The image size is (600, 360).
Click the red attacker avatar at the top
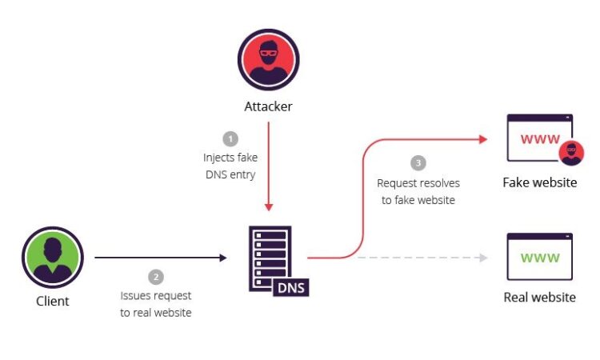[x=269, y=60]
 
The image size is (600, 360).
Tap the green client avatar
[x=53, y=257]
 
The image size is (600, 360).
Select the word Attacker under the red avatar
[x=268, y=106]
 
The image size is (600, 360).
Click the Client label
[x=53, y=301]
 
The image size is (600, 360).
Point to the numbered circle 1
[x=230, y=139]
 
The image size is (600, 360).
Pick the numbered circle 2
[x=156, y=277]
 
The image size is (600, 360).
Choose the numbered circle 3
[x=418, y=163]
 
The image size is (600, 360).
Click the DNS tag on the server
[x=291, y=288]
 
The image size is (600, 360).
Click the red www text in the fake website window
[x=540, y=138]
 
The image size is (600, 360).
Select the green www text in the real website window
[x=540, y=258]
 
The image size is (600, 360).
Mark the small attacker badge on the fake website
[x=571, y=153]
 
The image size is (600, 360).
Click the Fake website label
[x=540, y=182]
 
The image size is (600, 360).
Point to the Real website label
[x=539, y=298]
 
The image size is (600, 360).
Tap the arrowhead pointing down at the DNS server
[x=269, y=207]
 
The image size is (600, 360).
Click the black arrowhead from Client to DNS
[x=223, y=258]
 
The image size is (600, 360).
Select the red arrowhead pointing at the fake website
[x=483, y=139]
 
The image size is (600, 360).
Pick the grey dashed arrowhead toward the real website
[x=484, y=258]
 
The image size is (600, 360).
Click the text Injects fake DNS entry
[x=230, y=166]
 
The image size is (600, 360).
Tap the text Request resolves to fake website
[x=418, y=191]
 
